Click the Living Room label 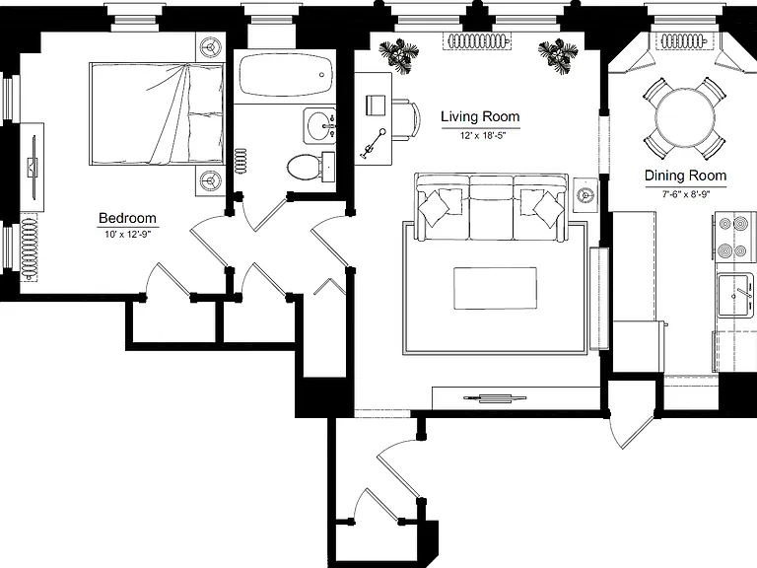pos(480,117)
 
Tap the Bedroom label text pos(127,218)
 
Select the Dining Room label pos(686,176)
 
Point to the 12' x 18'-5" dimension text pos(482,136)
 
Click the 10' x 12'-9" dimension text pos(127,236)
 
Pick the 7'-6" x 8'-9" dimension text pos(686,194)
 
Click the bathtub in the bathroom pos(286,75)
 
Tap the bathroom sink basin pos(319,125)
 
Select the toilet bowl pos(305,167)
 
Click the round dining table pos(685,117)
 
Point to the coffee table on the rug pos(495,288)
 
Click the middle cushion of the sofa pos(492,208)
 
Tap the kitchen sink pos(734,295)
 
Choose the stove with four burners pos(734,238)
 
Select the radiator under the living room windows pos(476,41)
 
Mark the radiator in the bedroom pos(30,248)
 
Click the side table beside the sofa pos(586,195)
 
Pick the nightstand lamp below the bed pos(211,180)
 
